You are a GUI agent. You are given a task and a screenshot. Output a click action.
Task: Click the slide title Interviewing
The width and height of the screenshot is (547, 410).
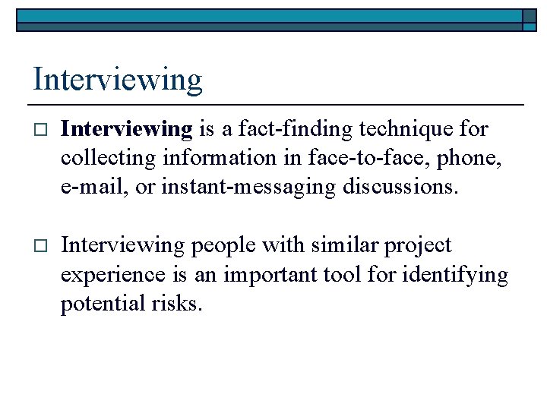point(118,79)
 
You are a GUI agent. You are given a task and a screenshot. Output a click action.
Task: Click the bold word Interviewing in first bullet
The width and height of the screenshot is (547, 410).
point(127,131)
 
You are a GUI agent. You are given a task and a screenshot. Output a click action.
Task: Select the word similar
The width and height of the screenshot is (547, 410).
point(345,246)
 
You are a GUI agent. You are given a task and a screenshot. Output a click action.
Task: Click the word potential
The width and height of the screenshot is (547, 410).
point(103,303)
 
